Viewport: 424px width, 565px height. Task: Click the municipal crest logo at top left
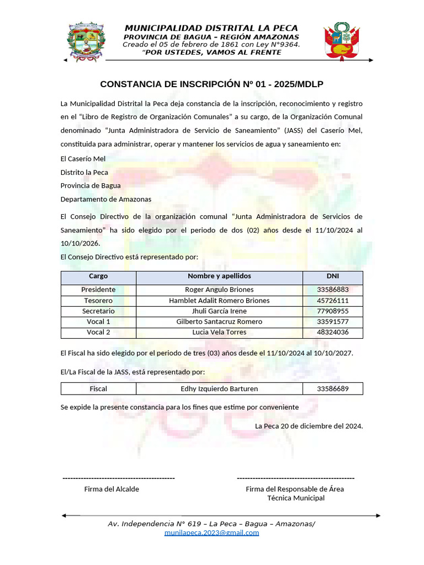click(86, 42)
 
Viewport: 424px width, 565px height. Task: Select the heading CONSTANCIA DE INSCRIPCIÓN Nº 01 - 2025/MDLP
click(211, 84)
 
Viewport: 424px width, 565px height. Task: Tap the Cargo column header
click(98, 276)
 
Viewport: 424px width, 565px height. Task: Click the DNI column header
click(332, 276)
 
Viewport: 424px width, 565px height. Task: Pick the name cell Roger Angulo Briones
click(219, 290)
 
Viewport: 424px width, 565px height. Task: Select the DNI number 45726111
click(332, 301)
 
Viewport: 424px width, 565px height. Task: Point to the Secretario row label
click(98, 311)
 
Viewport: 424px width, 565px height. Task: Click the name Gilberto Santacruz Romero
click(219, 322)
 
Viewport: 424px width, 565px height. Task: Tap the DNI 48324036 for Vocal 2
click(332, 332)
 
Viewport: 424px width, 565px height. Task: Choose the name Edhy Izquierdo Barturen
click(219, 389)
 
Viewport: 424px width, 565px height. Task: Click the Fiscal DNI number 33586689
click(332, 389)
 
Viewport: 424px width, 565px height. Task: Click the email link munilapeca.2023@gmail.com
click(211, 533)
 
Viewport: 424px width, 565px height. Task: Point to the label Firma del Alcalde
click(112, 489)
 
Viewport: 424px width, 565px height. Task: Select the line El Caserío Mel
click(83, 159)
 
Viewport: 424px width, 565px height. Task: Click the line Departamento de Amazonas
click(106, 199)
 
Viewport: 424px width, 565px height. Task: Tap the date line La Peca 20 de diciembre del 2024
click(309, 426)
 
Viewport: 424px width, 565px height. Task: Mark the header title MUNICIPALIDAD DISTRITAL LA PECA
click(211, 28)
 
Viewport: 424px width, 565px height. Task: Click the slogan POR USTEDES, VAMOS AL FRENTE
click(214, 52)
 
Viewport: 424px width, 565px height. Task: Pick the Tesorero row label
click(98, 301)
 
